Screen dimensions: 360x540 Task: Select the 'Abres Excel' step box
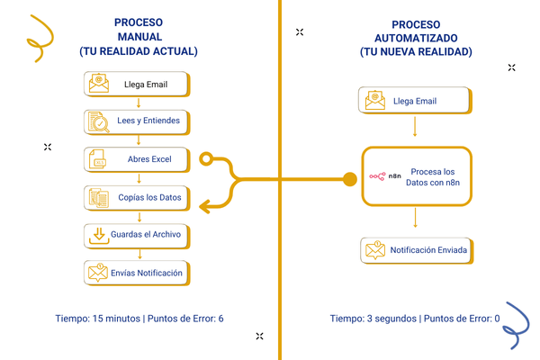click(138, 160)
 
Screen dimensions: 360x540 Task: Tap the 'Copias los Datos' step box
click(138, 197)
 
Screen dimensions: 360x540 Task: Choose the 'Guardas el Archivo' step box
click(138, 235)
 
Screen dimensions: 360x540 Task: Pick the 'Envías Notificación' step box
click(138, 273)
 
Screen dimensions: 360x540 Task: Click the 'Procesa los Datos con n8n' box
click(415, 176)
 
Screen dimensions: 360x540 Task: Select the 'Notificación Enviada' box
click(415, 249)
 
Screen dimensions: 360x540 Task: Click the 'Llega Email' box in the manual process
click(138, 85)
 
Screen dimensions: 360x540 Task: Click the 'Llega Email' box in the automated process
click(415, 101)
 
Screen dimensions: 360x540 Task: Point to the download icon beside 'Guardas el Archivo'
click(98, 235)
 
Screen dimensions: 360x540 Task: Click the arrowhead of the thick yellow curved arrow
click(205, 206)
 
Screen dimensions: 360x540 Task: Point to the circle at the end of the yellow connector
click(206, 160)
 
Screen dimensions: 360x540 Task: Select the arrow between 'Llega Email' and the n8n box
click(415, 128)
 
